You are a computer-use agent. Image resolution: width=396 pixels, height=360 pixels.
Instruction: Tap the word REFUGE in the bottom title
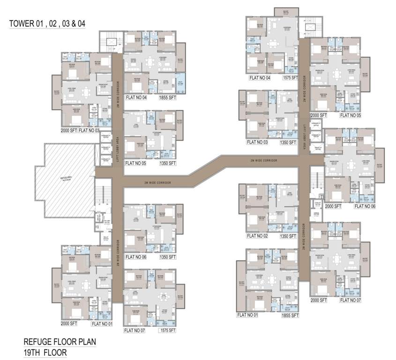coord(39,342)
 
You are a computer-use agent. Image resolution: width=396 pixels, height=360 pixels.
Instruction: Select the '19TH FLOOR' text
coord(45,352)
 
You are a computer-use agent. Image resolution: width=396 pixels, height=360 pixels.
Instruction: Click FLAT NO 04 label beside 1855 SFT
coord(135,98)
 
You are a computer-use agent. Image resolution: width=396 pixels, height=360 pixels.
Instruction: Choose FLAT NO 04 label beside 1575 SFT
coord(261,77)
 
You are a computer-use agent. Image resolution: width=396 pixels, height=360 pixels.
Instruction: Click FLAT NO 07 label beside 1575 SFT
coord(135,331)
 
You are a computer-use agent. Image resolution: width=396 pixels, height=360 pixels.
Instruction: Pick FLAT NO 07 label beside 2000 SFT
coord(351,300)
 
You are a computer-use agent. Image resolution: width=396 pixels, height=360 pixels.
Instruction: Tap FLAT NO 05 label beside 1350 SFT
coord(135,164)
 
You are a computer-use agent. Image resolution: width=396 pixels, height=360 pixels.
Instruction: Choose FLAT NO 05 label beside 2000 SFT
coord(351,115)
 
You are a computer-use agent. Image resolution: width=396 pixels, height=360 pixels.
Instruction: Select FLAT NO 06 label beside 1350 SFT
coord(135,257)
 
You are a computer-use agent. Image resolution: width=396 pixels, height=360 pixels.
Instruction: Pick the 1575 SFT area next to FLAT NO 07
coord(166,331)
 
